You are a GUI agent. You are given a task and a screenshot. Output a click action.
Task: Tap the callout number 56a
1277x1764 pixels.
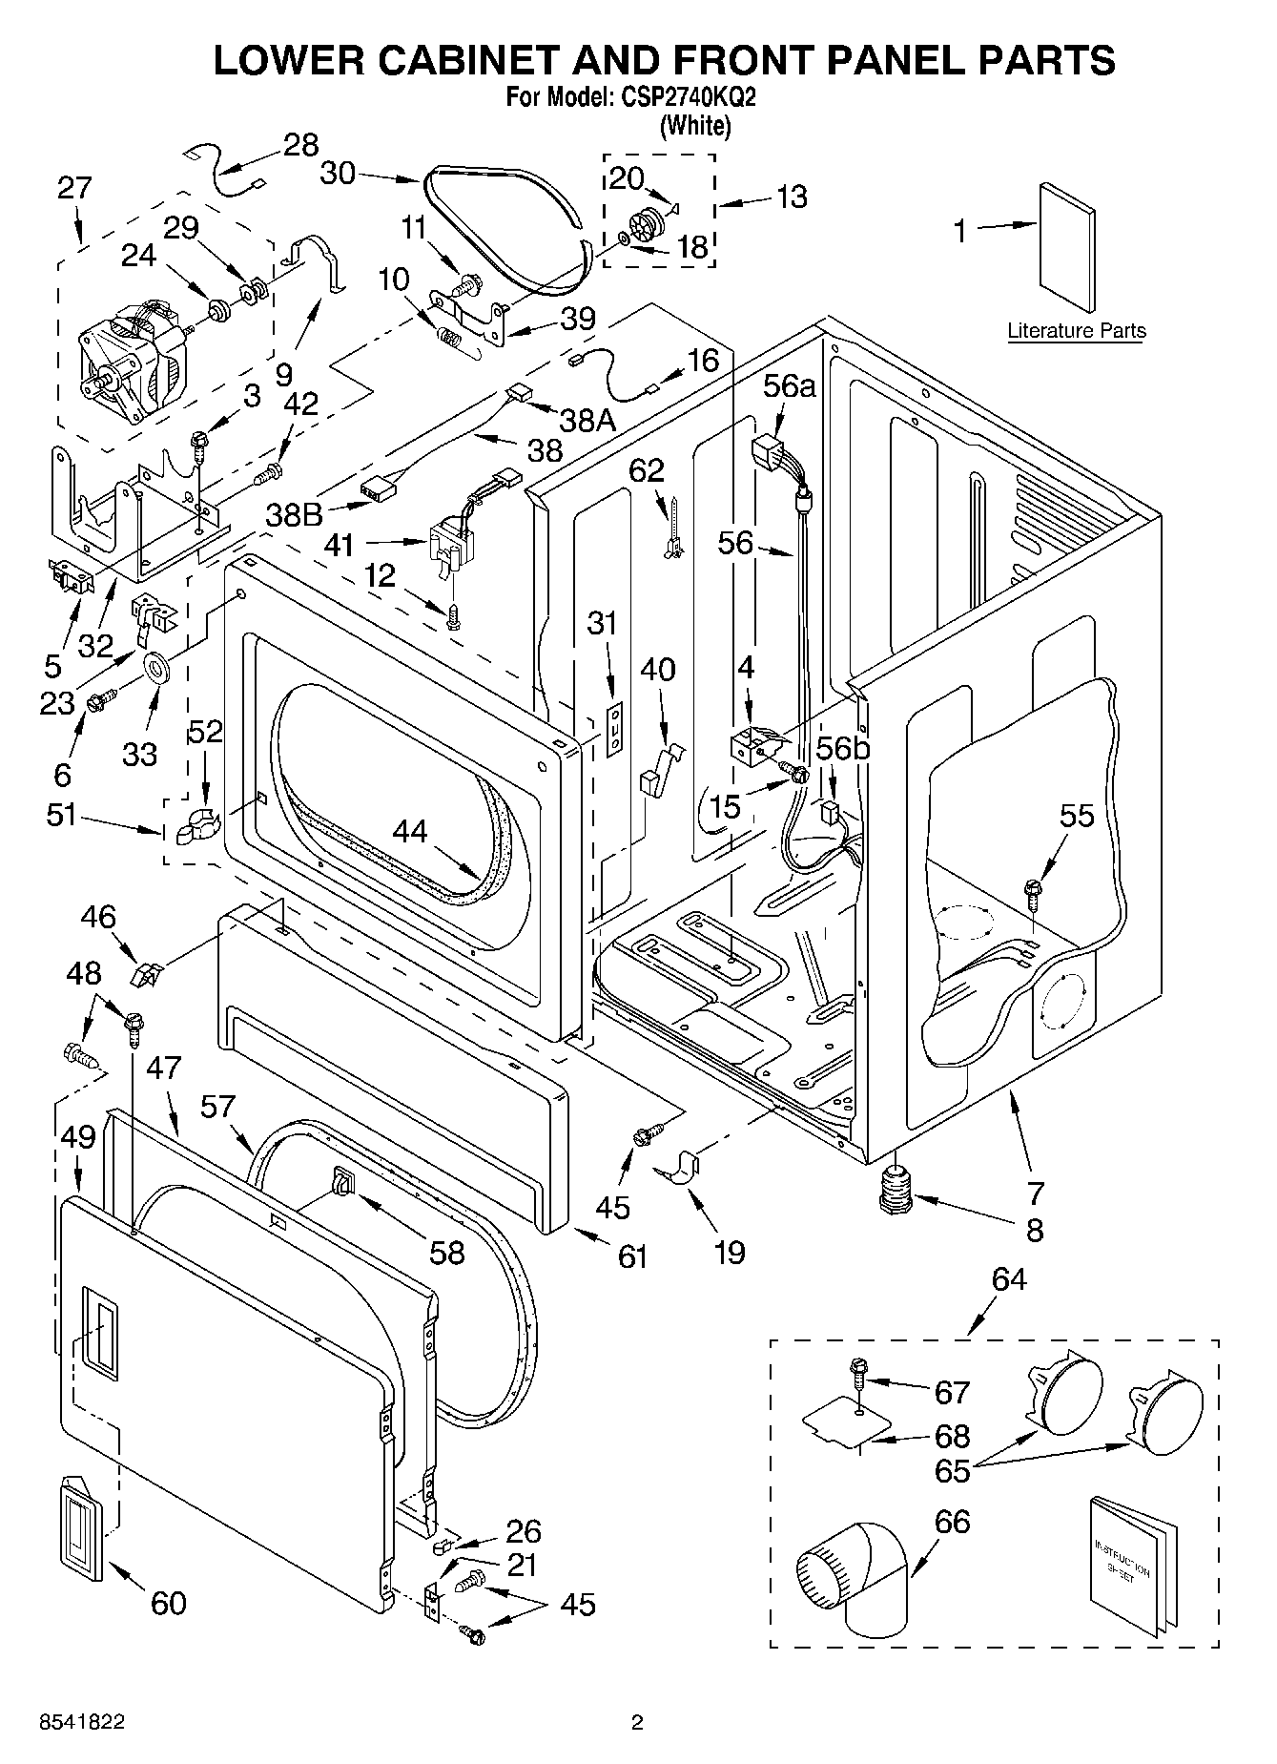791,386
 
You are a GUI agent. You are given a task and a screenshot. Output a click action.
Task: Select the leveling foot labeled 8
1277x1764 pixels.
895,1189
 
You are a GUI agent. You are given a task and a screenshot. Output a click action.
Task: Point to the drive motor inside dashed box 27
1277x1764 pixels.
135,362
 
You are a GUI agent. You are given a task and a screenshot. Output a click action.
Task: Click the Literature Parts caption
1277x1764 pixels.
1077,331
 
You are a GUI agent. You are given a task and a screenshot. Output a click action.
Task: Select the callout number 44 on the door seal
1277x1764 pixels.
410,832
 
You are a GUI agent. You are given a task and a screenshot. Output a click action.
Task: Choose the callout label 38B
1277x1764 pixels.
296,515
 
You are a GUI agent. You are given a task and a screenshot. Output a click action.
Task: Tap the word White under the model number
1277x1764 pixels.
695,125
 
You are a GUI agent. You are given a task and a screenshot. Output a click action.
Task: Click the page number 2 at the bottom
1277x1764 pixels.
637,1722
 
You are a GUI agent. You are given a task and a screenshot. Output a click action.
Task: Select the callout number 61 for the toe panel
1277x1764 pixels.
632,1256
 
